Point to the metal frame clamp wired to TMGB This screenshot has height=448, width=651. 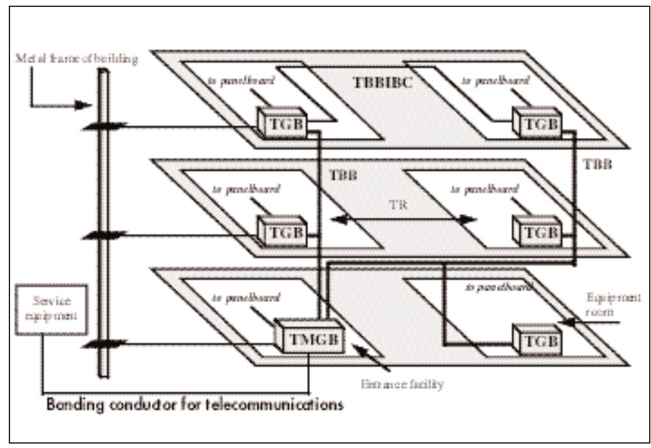click(103, 344)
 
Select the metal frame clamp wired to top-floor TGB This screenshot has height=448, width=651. click(103, 128)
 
